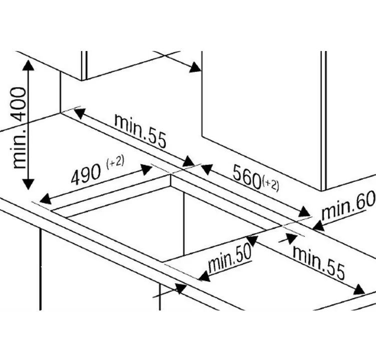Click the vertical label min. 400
point(18,127)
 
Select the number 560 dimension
point(247,175)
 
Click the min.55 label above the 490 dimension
point(140,131)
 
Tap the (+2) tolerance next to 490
point(115,162)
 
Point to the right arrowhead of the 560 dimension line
point(305,212)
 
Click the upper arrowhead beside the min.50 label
point(251,241)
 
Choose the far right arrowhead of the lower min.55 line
point(358,289)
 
